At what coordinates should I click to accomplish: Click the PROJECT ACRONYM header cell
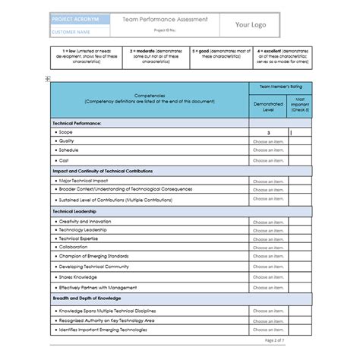click(x=78, y=21)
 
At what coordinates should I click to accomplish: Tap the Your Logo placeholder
click(x=253, y=25)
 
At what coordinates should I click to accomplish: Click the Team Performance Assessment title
click(x=163, y=20)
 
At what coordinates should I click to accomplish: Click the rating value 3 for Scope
click(x=267, y=132)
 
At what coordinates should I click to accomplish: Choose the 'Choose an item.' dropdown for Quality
click(x=267, y=141)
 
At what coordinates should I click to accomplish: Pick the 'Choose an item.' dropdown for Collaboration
click(x=267, y=247)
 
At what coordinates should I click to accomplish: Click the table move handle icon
click(x=48, y=78)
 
